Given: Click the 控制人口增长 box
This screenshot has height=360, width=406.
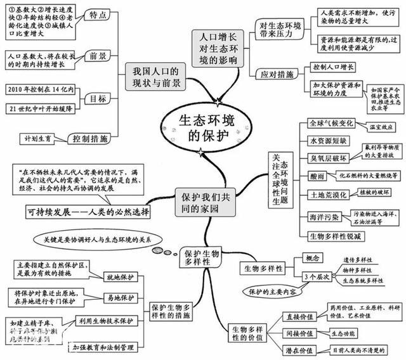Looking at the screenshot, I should pyautogui.click(x=336, y=67).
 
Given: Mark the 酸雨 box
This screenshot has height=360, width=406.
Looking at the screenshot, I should pyautogui.click(x=316, y=175).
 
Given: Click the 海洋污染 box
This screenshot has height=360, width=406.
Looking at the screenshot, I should pyautogui.click(x=322, y=217).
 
